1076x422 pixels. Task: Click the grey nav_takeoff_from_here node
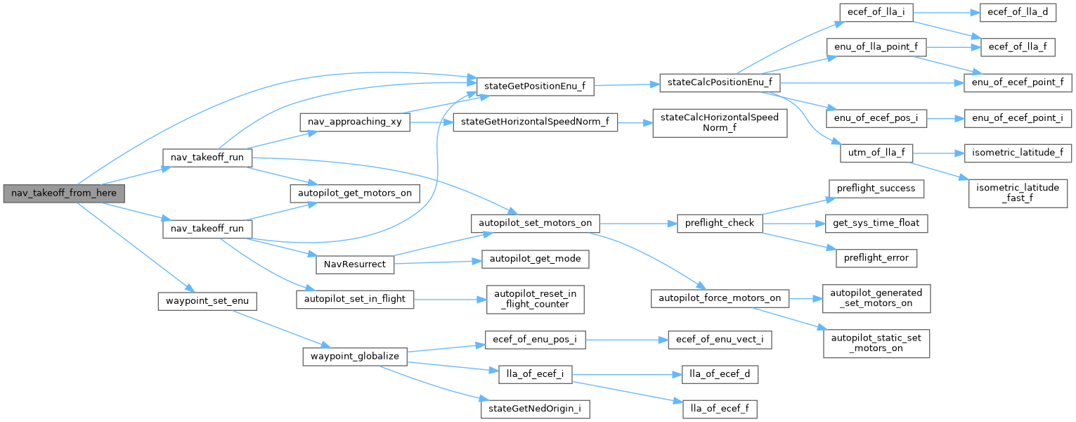click(63, 193)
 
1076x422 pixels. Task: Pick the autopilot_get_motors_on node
click(356, 192)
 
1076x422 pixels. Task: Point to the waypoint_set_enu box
click(205, 301)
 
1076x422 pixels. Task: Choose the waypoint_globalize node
click(355, 356)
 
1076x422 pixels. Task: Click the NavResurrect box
click(355, 264)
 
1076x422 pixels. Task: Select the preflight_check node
click(718, 224)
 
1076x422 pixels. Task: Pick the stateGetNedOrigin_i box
click(534, 408)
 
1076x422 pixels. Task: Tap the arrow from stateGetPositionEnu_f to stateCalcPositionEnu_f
click(626, 84)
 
